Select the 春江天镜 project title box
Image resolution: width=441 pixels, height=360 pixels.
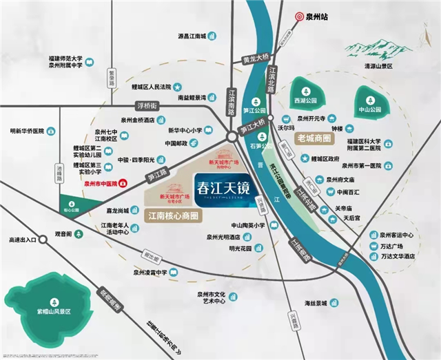coord(216,188)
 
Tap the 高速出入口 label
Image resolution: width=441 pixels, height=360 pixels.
coord(19,239)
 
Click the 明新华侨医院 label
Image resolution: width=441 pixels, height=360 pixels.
coord(27,130)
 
